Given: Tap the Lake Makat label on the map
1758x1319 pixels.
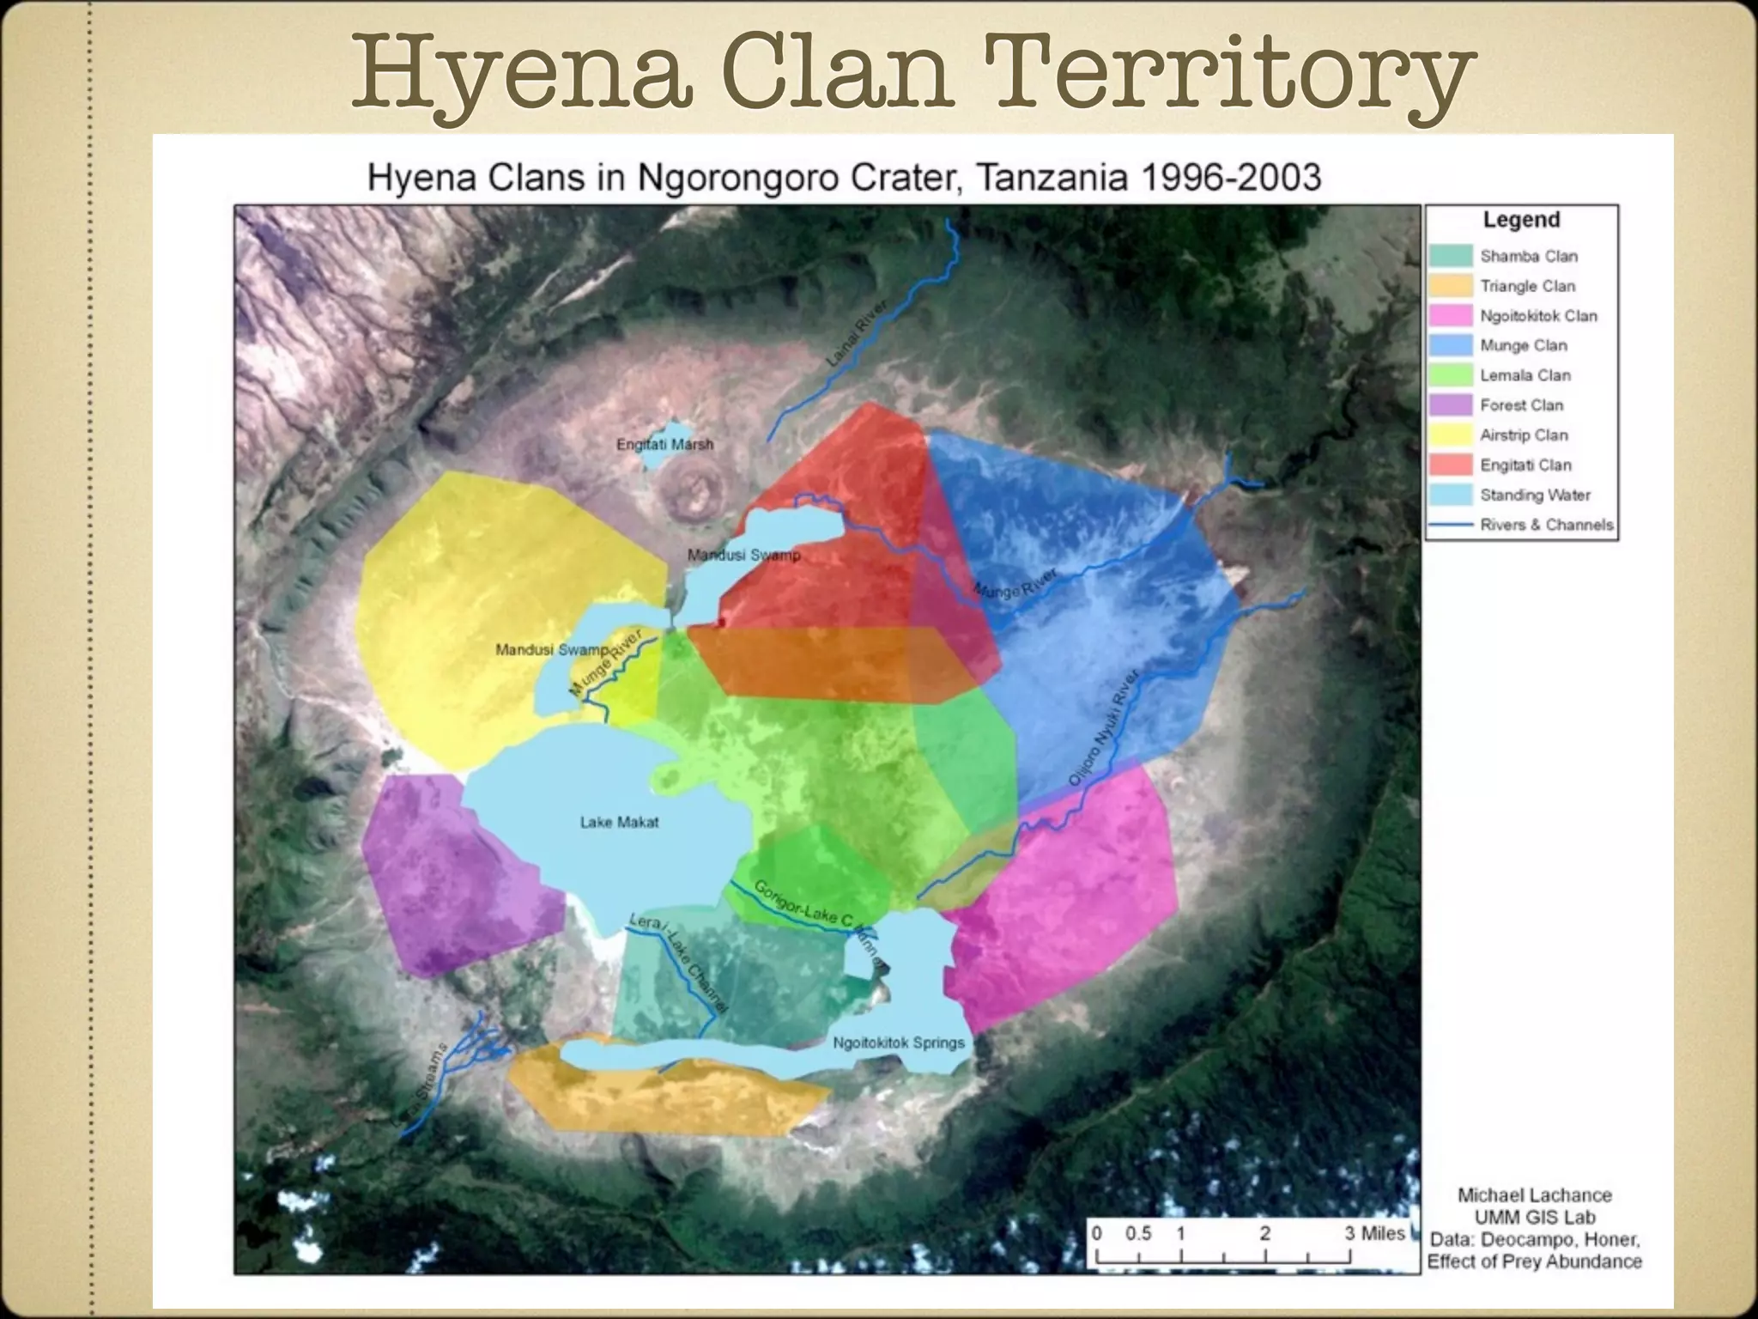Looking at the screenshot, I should [619, 822].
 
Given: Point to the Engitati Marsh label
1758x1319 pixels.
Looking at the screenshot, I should [664, 444].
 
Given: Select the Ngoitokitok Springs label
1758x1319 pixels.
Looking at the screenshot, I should [899, 1042].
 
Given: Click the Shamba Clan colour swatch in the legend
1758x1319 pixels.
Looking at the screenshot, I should [1451, 256].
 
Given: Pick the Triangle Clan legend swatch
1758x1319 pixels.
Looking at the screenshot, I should [1451, 286].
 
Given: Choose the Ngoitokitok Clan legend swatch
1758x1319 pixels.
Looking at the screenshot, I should [1451, 316].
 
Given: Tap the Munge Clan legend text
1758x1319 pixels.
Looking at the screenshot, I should [1523, 345].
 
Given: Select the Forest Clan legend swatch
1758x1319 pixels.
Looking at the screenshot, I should [1451, 405].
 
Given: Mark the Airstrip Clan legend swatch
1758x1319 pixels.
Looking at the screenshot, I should [1451, 435].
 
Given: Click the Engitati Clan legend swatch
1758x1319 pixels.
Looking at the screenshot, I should [1451, 465].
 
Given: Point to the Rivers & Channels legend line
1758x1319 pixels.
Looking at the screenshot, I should [1451, 525].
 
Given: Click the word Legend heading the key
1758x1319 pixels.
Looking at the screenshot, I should [1521, 220].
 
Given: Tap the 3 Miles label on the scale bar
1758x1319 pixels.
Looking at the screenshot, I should [1374, 1233].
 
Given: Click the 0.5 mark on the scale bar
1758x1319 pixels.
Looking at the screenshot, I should [1138, 1233].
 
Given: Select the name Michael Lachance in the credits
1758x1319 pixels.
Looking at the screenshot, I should [1535, 1194].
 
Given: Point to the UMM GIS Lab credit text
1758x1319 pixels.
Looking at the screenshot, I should [1535, 1217].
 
